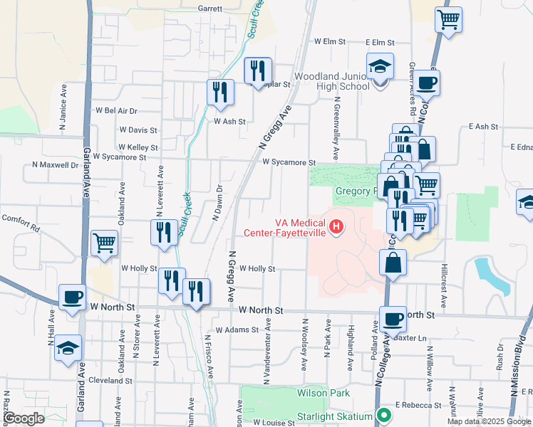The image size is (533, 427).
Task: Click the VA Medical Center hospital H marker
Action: click(x=336, y=228)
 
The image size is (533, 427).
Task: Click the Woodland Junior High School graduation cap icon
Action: click(x=380, y=67)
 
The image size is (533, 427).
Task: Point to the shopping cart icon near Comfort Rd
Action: click(x=105, y=243)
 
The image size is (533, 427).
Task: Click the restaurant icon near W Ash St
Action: click(x=220, y=91)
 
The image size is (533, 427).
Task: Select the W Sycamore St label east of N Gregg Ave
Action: click(x=288, y=162)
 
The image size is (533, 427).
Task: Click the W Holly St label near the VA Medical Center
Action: click(x=257, y=269)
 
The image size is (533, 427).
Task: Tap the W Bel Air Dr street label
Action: click(x=116, y=111)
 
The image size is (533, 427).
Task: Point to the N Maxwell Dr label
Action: click(x=55, y=164)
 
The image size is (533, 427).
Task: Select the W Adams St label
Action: click(x=234, y=330)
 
